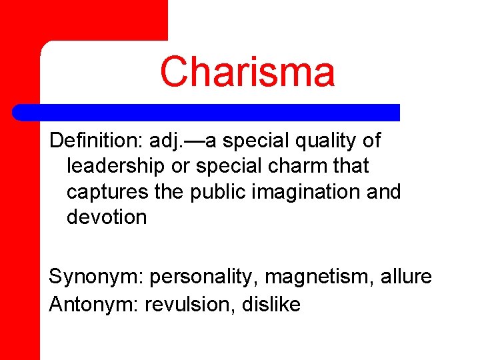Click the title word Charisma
[x=247, y=72]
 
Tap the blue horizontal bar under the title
[x=207, y=113]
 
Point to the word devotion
[x=107, y=217]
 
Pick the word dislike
[x=271, y=305]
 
